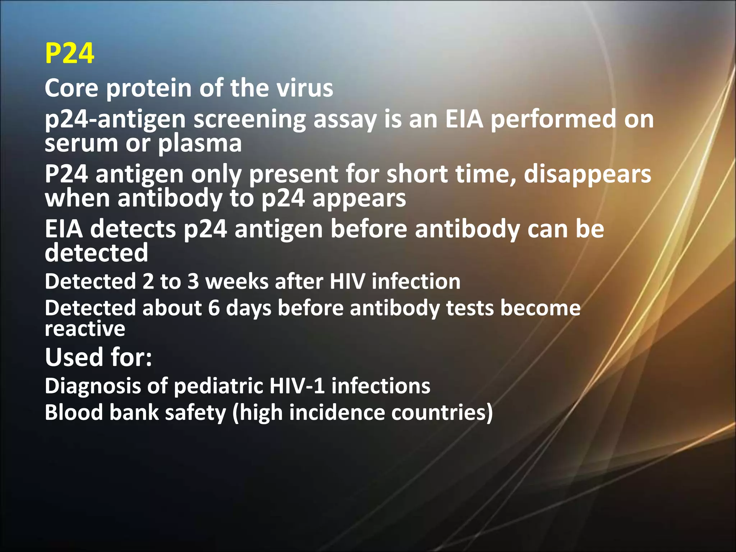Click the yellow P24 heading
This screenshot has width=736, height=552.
70,53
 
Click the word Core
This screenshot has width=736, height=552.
71,88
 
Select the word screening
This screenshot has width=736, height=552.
249,119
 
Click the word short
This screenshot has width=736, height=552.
417,174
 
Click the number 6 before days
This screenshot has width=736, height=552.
213,308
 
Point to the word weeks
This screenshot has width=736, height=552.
237,281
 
